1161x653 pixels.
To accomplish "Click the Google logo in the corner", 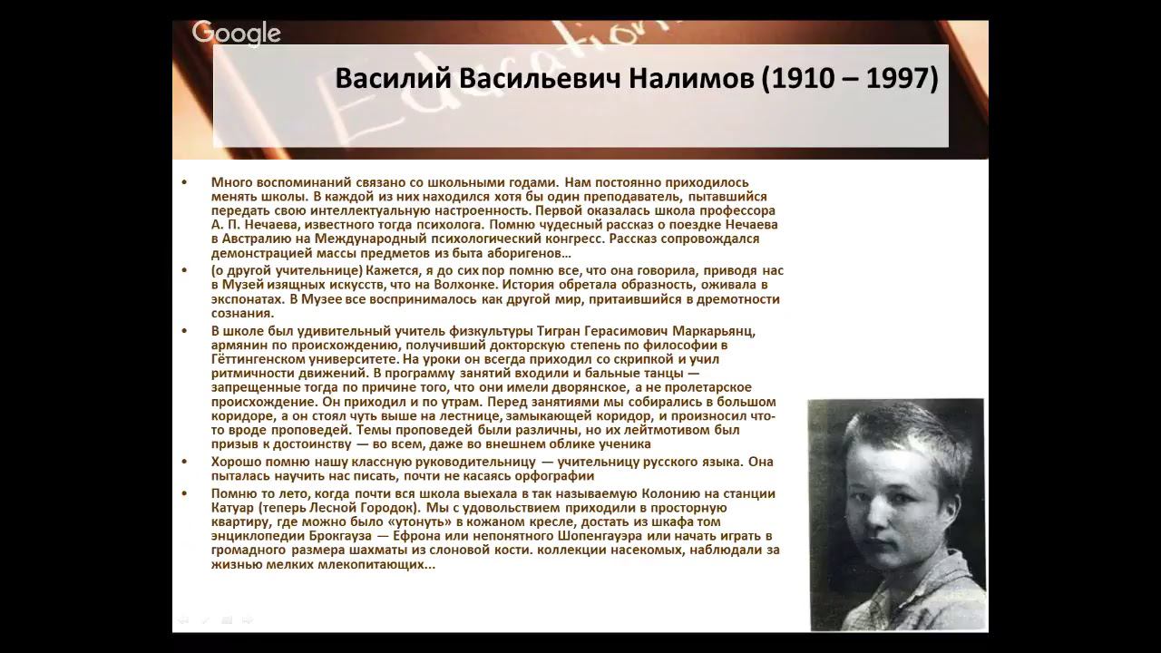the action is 237,34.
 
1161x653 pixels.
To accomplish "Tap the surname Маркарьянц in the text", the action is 713,332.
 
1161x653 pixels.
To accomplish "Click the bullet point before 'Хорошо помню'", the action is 184,462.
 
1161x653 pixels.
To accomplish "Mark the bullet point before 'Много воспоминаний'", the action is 184,182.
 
